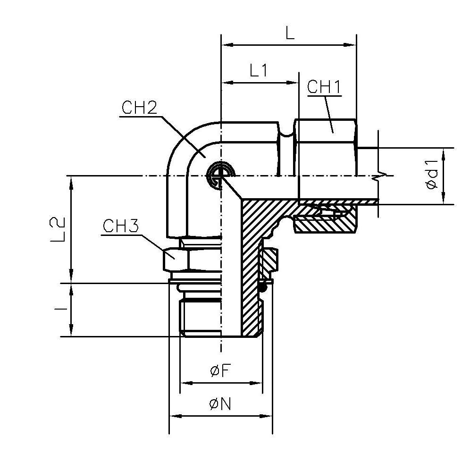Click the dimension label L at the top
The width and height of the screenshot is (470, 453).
[x=290, y=34]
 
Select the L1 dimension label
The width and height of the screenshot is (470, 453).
[x=259, y=71]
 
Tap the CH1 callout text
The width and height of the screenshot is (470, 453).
[x=324, y=87]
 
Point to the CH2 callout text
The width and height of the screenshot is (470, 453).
[x=139, y=109]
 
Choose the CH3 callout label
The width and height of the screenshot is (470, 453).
[x=120, y=226]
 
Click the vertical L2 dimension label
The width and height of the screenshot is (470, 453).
[x=58, y=230]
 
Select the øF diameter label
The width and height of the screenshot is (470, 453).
[x=220, y=372]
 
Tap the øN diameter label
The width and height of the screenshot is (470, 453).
[x=220, y=404]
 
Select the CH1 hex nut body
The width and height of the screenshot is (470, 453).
[x=326, y=146]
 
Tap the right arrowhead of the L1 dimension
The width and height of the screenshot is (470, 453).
[x=295, y=83]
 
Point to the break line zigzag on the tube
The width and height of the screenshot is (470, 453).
[x=379, y=177]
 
